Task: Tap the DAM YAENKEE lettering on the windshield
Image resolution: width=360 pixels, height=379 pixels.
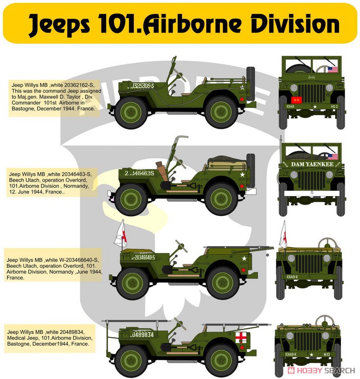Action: (x=312, y=164)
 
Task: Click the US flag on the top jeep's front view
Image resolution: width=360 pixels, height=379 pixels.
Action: (x=333, y=70)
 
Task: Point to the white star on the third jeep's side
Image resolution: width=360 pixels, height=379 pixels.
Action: (x=245, y=259)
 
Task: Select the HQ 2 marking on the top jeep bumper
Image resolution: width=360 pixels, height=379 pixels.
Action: (x=335, y=107)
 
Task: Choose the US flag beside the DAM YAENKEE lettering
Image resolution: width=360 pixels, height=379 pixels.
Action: (x=333, y=157)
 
